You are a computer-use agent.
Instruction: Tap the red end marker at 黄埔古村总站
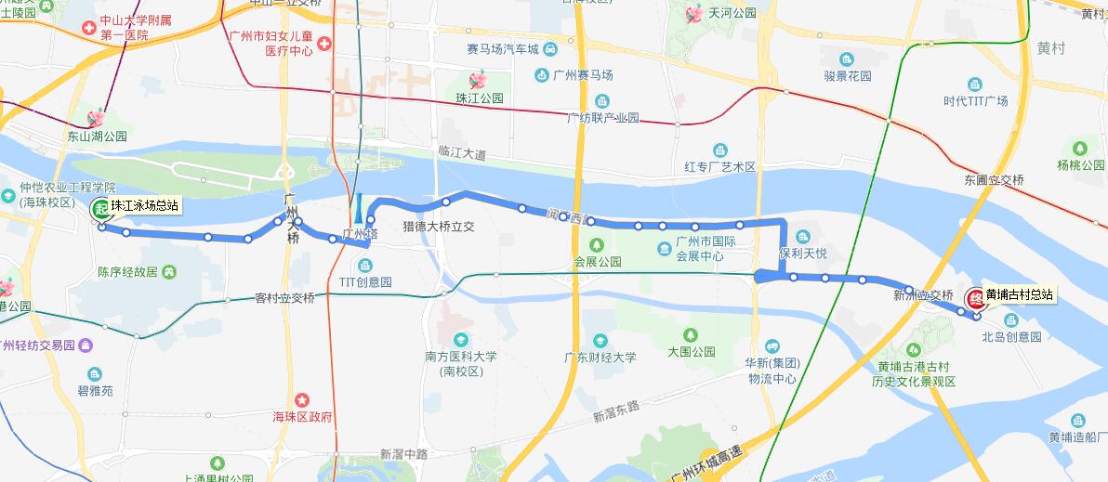coord(976,299)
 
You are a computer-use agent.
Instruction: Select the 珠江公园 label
coord(480,98)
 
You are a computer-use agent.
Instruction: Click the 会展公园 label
coord(598,262)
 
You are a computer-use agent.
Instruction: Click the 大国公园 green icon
coord(691,335)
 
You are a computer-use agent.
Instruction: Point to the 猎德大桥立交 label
coord(439,226)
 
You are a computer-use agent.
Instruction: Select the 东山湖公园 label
coord(96,136)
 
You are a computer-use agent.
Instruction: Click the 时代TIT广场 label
coord(975,101)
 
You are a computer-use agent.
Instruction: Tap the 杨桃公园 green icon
coord(1079,149)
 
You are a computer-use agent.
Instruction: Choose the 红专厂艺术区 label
coord(720,167)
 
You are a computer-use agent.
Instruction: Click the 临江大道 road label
coord(462,152)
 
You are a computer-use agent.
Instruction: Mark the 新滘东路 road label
coord(617,412)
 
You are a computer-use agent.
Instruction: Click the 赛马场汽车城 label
coord(503,48)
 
